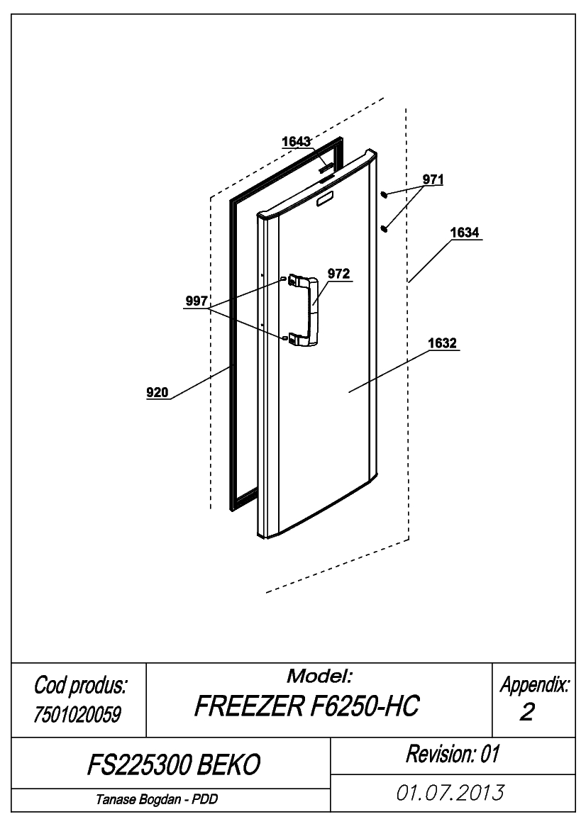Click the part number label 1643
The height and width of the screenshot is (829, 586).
296,142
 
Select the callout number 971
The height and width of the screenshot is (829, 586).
433,179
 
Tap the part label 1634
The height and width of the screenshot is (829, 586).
465,233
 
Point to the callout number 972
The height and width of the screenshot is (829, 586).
339,274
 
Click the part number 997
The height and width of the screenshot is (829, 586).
197,301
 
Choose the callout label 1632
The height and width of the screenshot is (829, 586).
442,344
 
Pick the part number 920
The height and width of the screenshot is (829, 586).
157,392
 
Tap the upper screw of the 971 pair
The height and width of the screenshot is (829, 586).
385,195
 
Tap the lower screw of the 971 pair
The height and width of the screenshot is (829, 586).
385,228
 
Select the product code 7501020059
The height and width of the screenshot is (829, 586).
77,714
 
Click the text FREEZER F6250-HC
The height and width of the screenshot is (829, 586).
306,706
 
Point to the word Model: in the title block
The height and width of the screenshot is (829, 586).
319,676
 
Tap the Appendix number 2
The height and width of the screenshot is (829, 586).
527,712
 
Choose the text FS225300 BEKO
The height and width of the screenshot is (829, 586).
174,764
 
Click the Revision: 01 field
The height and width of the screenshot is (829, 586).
453,754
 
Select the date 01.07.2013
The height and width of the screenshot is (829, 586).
450,793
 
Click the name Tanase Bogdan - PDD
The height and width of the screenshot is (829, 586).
157,799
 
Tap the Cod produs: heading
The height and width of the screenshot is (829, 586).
80,686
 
